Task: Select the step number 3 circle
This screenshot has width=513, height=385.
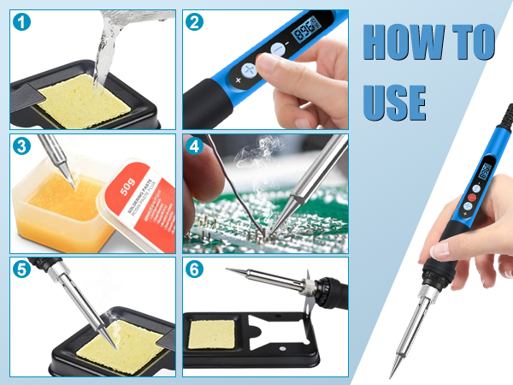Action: point(23,146)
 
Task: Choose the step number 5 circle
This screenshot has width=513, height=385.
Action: point(23,269)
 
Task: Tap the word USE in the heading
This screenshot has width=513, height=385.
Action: point(394,101)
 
